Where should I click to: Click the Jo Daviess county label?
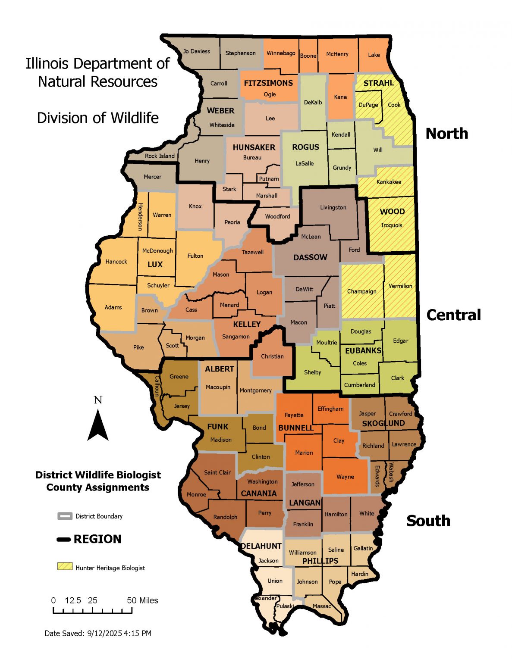[197, 51]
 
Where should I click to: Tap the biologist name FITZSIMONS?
[268, 83]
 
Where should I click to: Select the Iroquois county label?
[392, 225]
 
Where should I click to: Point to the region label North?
[447, 134]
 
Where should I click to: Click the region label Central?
[453, 315]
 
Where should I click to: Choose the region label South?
[428, 521]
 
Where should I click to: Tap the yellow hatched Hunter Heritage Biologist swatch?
[65, 566]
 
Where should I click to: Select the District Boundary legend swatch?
[65, 516]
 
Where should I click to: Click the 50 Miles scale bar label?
[142, 600]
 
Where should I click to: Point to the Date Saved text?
[98, 633]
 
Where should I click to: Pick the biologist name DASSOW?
[310, 257]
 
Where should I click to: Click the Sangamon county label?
[236, 337]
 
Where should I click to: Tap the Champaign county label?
[361, 291]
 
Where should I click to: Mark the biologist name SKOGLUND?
[383, 423]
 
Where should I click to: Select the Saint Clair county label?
[217, 472]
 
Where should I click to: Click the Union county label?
[275, 581]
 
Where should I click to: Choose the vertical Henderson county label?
[140, 217]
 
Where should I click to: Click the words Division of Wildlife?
[98, 118]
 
